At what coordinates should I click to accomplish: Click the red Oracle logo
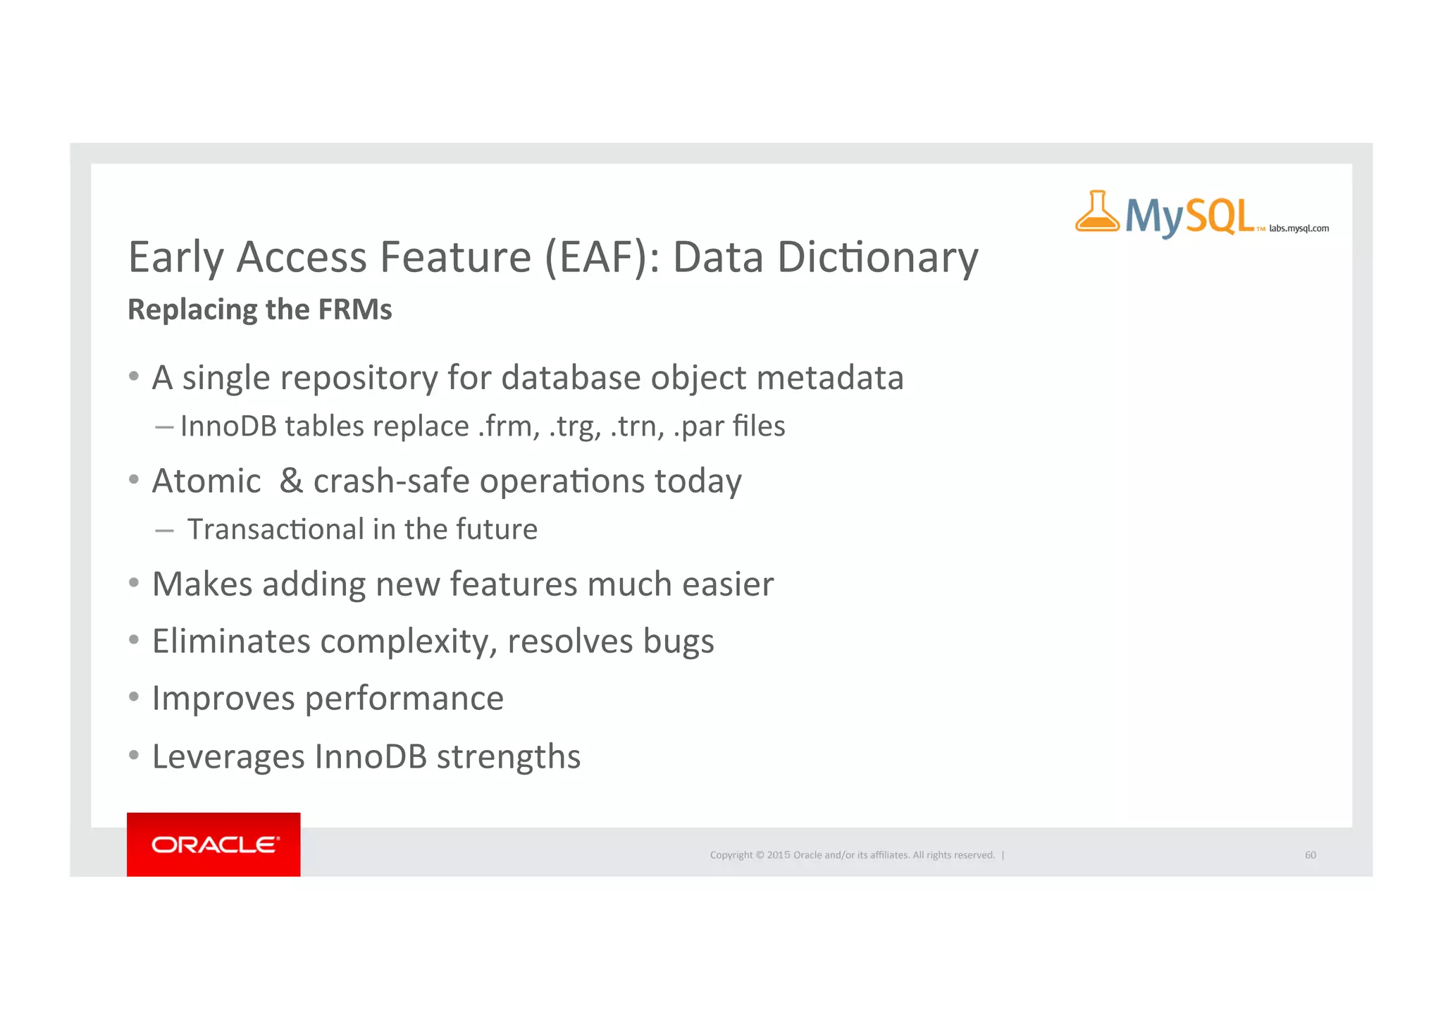coord(213,844)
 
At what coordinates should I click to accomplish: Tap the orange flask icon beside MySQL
coord(1096,212)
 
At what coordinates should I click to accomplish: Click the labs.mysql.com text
coord(1299,228)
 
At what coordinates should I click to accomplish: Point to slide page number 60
coord(1310,855)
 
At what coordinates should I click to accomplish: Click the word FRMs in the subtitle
coord(354,310)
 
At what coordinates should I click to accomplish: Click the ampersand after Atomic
coord(291,481)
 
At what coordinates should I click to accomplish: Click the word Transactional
coord(276,529)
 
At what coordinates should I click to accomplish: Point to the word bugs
coord(678,642)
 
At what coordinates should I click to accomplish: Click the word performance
coord(404,699)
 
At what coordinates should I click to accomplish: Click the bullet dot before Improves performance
coord(134,697)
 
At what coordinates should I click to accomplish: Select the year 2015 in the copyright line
coord(779,855)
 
